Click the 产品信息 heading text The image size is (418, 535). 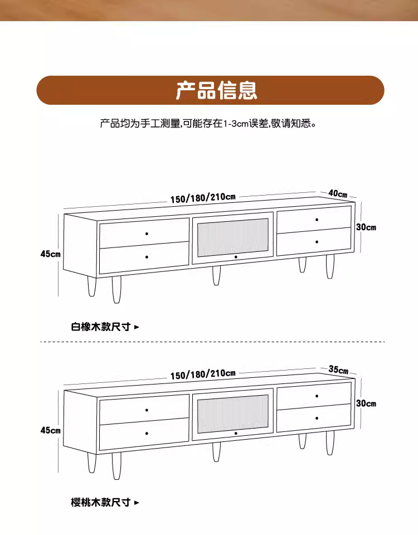click(x=216, y=90)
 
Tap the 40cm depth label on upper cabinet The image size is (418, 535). click(x=338, y=193)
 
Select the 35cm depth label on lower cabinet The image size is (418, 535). click(x=338, y=369)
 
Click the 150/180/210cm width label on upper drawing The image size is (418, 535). click(x=203, y=198)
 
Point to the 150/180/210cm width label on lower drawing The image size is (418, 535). click(x=203, y=374)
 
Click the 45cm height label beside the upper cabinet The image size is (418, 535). click(x=50, y=254)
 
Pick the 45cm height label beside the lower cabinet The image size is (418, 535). click(x=50, y=430)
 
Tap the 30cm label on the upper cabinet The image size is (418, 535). click(x=366, y=227)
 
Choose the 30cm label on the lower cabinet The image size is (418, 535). click(x=366, y=403)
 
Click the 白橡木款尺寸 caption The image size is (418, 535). click(x=101, y=327)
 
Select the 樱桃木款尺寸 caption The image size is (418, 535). click(x=101, y=503)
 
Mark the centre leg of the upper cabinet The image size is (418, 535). click(x=216, y=275)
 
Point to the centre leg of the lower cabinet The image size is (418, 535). click(x=216, y=451)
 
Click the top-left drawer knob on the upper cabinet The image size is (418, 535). click(x=147, y=233)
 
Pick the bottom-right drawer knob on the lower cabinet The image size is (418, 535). click(x=317, y=418)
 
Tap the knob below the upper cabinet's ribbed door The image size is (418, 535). click(x=236, y=257)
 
